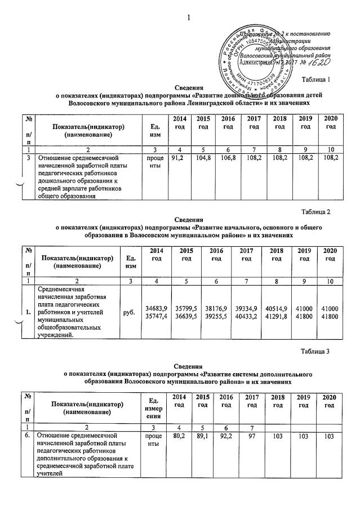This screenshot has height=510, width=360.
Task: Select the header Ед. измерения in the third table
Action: coord(153,406)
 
